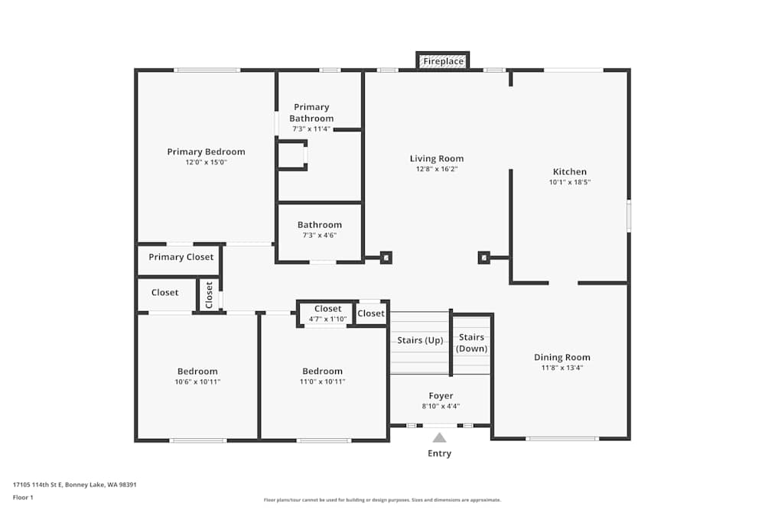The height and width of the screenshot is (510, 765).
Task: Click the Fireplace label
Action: tap(443, 61)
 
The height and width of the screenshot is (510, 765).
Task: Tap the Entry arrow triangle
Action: tap(439, 437)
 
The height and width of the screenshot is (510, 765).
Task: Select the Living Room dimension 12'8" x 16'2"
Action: tap(436, 169)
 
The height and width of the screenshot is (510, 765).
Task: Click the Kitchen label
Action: tap(570, 172)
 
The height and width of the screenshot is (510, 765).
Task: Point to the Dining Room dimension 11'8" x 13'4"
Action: tap(562, 368)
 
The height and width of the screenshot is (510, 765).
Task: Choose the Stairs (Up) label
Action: tap(420, 340)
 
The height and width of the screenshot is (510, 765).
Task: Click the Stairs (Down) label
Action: tap(471, 343)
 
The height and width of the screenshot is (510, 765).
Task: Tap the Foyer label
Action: tap(441, 396)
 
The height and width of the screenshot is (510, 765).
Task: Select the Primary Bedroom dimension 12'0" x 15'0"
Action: tap(206, 162)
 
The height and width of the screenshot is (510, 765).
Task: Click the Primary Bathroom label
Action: tap(311, 112)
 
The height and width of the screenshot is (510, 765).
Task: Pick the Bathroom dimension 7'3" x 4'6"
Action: tap(319, 236)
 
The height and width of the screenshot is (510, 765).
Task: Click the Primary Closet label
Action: tap(181, 257)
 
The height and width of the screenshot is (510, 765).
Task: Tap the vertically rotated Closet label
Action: tap(209, 295)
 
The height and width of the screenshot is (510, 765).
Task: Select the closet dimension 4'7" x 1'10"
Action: tap(327, 319)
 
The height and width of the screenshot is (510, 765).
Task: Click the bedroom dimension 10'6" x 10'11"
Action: tap(197, 382)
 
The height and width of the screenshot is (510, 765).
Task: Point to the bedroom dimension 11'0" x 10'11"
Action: tap(322, 382)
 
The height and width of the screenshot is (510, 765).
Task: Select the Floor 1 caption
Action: tap(23, 497)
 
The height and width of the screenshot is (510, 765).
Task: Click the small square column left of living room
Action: tap(386, 258)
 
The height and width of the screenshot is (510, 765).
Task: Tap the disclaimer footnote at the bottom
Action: tap(382, 499)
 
